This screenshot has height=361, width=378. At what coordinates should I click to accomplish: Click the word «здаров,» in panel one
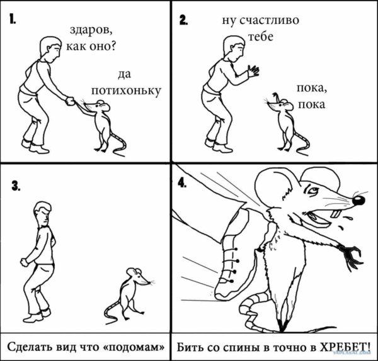coord(94,30)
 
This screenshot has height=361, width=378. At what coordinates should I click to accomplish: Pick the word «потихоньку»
coord(126,91)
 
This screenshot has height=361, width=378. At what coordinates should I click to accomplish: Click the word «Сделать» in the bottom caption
coord(31,347)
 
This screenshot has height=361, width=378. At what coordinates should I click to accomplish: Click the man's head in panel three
coord(42,213)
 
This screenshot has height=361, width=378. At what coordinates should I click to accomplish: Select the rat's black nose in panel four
coord(358,201)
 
